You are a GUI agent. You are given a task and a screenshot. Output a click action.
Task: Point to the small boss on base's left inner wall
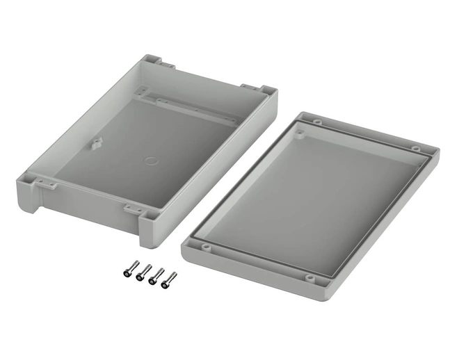[97, 143]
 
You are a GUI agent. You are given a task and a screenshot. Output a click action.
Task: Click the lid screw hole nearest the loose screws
[207, 245]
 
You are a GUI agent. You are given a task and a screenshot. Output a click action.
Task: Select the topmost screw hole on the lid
[316, 122]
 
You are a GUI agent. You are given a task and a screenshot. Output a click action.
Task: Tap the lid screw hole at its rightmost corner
[416, 149]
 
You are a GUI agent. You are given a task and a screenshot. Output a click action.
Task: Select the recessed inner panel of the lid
[313, 195]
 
